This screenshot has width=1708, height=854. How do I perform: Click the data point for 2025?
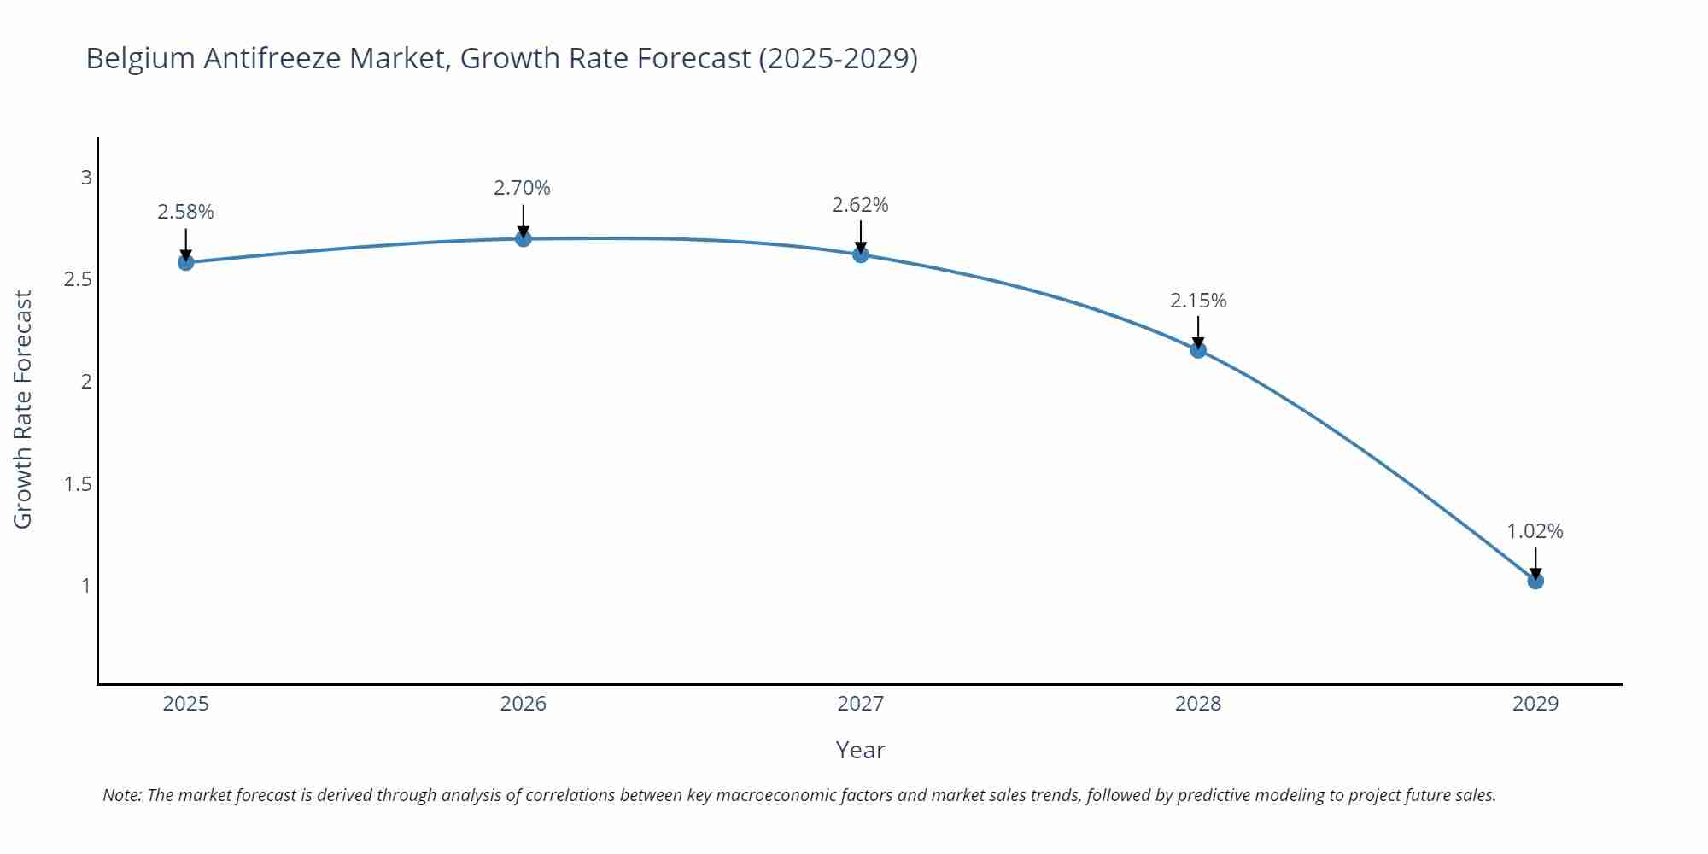pos(185,262)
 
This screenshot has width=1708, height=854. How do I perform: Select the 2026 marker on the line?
pos(523,238)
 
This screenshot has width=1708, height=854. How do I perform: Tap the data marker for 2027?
pos(860,254)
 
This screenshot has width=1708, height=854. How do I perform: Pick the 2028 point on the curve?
pos(1198,349)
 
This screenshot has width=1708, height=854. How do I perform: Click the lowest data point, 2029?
pos(1535,581)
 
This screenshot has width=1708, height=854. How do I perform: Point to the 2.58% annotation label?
pos(185,212)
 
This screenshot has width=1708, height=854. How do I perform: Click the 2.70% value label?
pos(522,188)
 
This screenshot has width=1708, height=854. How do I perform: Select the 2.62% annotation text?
pos(860,205)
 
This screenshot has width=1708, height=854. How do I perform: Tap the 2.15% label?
pos(1198,301)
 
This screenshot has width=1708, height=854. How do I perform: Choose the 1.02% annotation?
pos(1535,531)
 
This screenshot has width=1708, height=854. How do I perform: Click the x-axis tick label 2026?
pos(523,704)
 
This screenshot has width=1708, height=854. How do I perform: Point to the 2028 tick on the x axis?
pos(1198,704)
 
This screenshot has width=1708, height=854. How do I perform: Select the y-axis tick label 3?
pos(85,178)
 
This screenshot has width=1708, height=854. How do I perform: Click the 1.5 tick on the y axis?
pos(78,484)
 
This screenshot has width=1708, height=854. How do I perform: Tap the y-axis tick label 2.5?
pos(78,279)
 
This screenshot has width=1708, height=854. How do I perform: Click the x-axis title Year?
pos(860,750)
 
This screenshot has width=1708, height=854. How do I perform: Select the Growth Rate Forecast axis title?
pos(23,409)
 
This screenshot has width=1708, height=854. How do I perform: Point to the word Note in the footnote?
pos(120,795)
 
